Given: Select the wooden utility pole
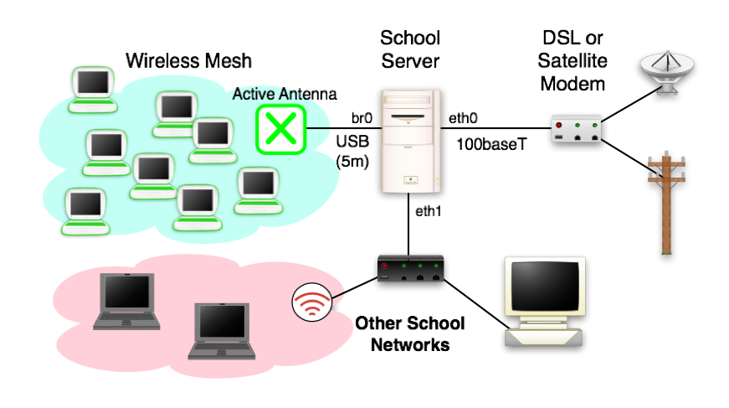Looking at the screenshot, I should (x=667, y=201).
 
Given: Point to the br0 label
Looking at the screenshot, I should (x=362, y=118).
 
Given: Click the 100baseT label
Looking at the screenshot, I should (x=491, y=144).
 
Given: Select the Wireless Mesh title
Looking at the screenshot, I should (x=188, y=61).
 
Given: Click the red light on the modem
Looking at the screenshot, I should (x=560, y=125).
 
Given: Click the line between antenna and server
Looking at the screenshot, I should (x=343, y=128).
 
